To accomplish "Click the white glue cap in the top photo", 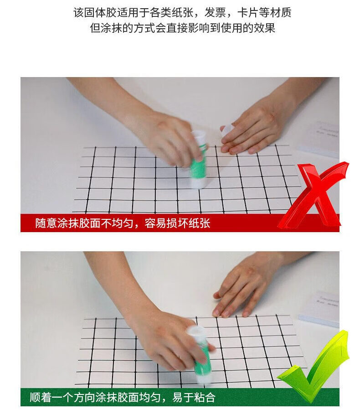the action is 226,130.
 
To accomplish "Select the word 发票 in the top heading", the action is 215,13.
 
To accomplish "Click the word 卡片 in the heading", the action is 248,13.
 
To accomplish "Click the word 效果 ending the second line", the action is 264,28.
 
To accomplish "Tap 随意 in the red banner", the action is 46,223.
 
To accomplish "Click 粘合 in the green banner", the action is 205,397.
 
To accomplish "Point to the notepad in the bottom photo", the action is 319,309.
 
